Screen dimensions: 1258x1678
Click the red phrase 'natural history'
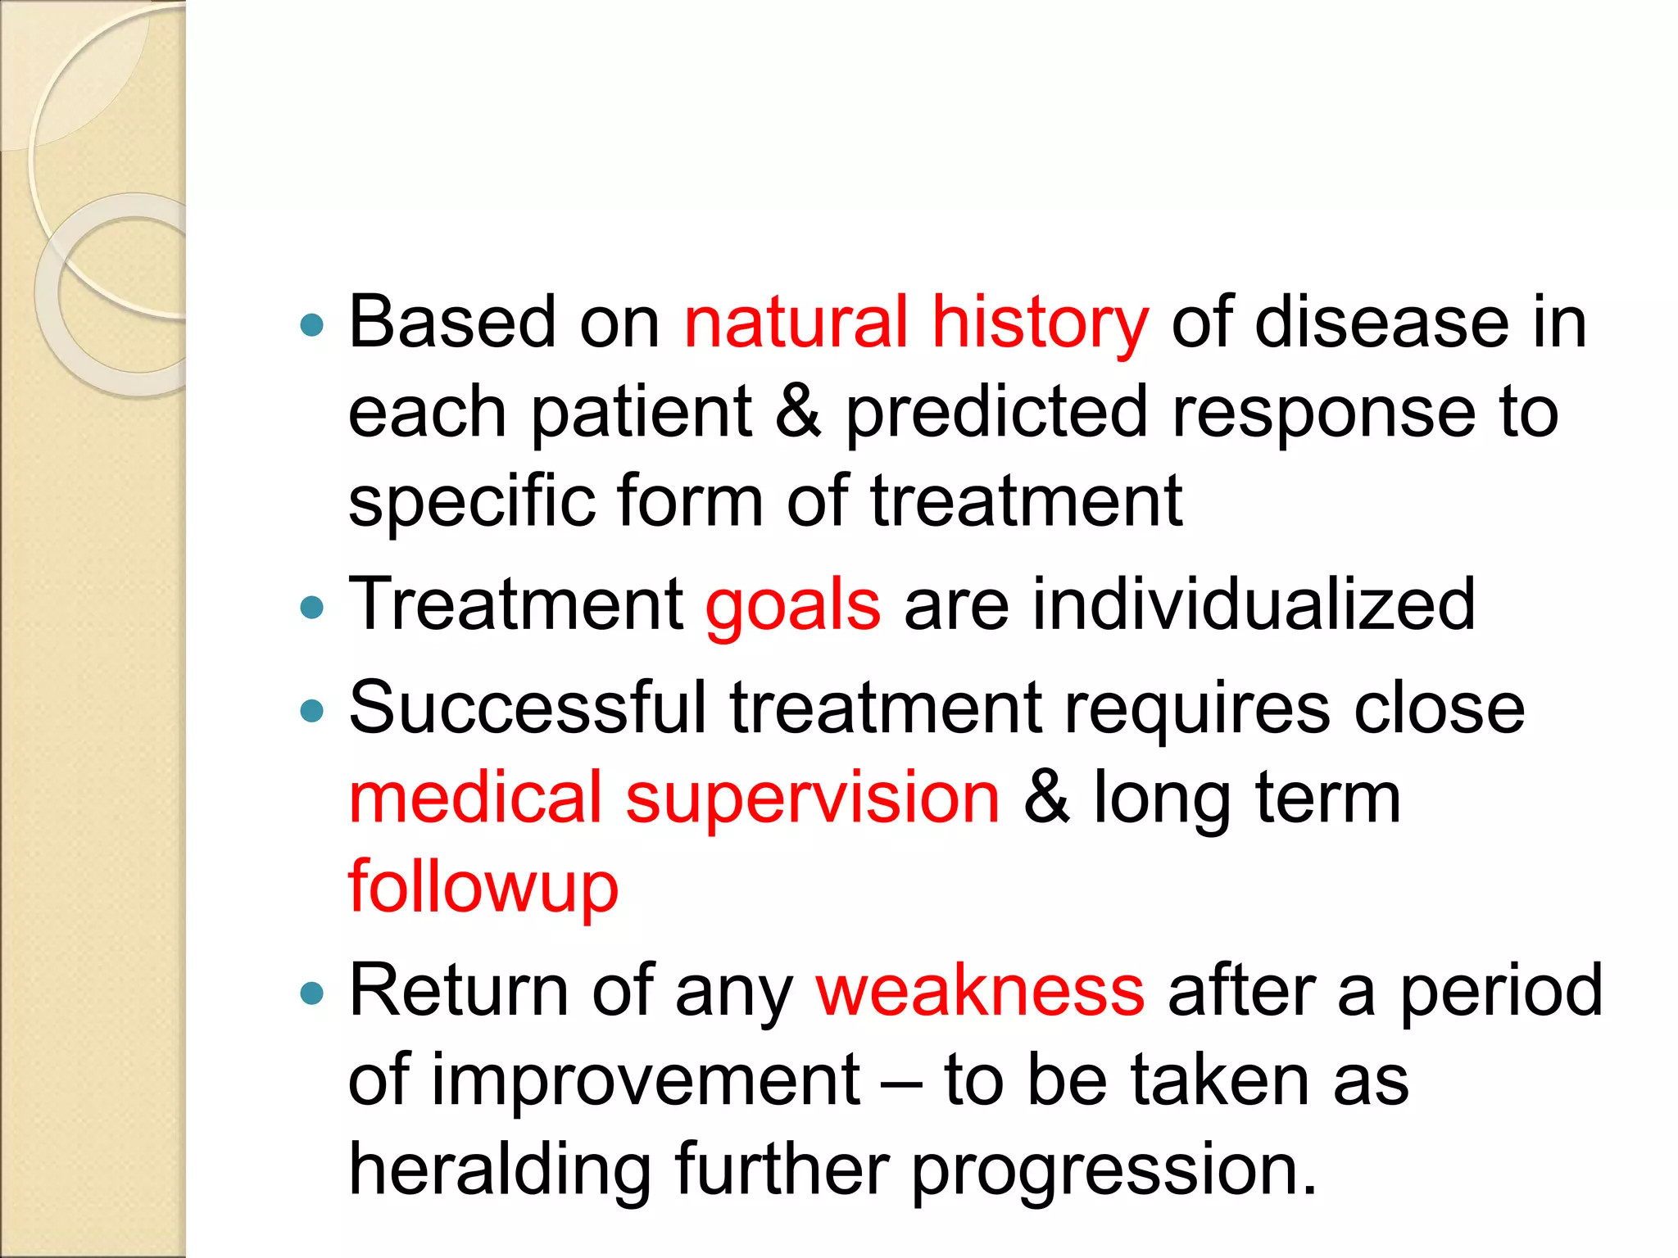[916, 323]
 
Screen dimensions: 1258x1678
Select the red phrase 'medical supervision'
[673, 798]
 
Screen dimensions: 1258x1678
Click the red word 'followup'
[483, 888]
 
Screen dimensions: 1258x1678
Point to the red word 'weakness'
[980, 991]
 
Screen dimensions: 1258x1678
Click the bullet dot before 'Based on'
[312, 326]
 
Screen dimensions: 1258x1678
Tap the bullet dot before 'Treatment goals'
[312, 608]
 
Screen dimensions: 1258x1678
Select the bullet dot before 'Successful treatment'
[312, 711]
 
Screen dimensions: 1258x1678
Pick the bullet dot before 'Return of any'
[312, 994]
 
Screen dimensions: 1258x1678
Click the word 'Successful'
[527, 708]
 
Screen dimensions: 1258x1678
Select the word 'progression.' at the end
[1114, 1171]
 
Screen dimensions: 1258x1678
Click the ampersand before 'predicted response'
[797, 411]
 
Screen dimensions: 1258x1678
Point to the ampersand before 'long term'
[1046, 798]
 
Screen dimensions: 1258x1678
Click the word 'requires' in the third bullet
[1197, 709]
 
